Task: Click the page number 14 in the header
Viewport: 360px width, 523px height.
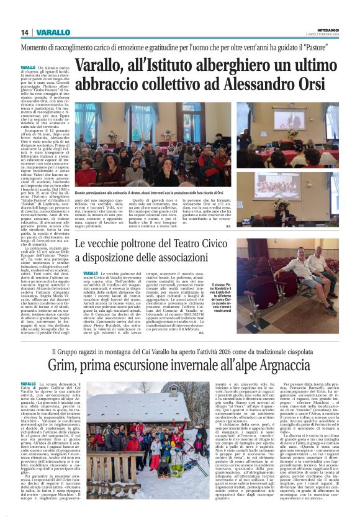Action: [25, 32]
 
